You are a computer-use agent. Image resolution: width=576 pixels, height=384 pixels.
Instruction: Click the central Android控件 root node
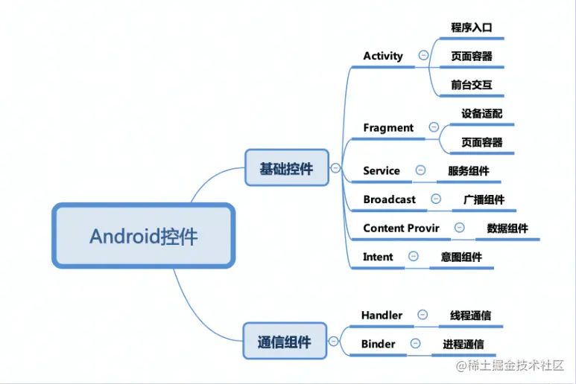pos(144,237)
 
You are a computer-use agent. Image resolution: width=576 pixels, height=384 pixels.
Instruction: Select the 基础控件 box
pos(287,168)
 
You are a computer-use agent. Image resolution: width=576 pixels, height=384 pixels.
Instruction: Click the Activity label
pos(383,56)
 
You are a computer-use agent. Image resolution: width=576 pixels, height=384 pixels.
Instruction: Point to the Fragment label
pos(388,128)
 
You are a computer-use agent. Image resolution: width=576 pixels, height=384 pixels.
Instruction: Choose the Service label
pos(382,170)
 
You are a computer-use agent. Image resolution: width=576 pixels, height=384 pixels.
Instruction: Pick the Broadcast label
pos(390,199)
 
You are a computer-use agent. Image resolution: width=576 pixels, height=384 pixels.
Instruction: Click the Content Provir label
pos(401,228)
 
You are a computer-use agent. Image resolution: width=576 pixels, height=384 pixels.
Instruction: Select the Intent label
pos(378,257)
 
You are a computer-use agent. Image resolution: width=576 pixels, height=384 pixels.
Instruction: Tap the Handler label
pos(382,315)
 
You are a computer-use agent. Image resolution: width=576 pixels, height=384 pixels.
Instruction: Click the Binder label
pos(378,344)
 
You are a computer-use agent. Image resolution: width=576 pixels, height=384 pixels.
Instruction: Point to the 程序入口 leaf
pos(472,28)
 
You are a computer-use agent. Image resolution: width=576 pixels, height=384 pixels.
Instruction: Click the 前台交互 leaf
pos(472,85)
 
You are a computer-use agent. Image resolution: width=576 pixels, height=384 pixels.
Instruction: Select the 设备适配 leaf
pos(481,114)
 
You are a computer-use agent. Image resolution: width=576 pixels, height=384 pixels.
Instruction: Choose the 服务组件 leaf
pos(469,170)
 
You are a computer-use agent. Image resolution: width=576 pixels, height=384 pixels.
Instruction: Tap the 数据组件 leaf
pos(507,228)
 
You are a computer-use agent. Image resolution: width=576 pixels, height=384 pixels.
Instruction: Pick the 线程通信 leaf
pos(470,315)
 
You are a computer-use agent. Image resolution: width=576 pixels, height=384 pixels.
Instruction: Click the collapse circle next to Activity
pos(423,55)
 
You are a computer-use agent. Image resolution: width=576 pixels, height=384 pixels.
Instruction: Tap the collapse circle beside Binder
pos(415,343)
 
